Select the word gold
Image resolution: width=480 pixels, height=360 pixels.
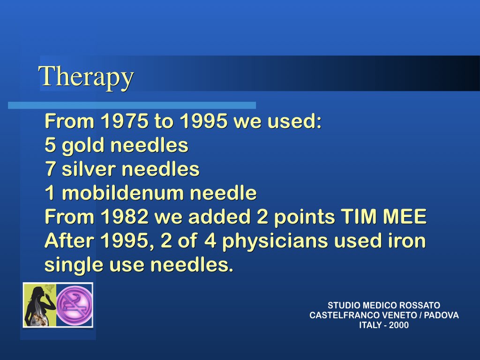coord(83,146)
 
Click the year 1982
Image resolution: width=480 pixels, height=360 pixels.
coord(125,217)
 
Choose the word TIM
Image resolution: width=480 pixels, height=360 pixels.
coord(359,217)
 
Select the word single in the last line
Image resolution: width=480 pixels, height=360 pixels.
coord(74,265)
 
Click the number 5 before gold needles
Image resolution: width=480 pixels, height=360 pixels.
coord(50,145)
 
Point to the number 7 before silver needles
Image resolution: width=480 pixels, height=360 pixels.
coord(50,169)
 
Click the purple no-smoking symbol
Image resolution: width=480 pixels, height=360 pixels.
coord(75,305)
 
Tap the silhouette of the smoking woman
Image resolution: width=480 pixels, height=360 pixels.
coord(40,305)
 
